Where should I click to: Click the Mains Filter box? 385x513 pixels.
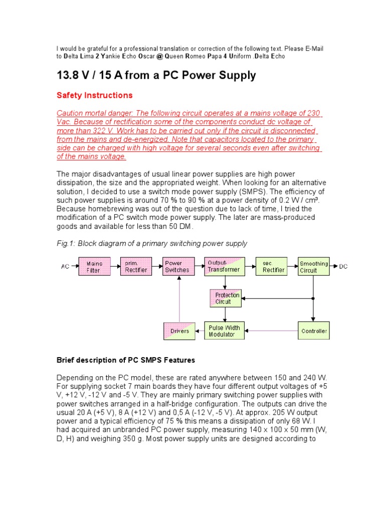coord(94,267)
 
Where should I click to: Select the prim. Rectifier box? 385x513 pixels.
coord(136,267)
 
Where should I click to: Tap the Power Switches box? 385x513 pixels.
coord(178,267)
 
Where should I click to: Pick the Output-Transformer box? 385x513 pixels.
coord(225,267)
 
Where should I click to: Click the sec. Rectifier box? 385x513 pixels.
coord(271,267)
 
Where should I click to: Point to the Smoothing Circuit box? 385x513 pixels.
coord(314,267)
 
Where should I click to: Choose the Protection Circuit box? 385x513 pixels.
coord(225,298)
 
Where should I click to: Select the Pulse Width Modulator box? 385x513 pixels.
coord(225,331)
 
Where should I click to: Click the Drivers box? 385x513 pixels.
coord(179,331)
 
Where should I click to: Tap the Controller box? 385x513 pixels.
coord(314,331)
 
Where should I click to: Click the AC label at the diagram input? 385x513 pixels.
coord(65,267)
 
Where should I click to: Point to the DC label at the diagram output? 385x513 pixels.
coord(343,267)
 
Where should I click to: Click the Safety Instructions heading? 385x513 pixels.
coord(95,95)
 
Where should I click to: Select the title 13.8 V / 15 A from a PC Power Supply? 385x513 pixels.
coord(156,76)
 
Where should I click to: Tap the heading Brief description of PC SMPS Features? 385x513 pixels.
coord(126,360)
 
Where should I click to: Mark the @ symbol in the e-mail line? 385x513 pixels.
coord(159,57)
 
